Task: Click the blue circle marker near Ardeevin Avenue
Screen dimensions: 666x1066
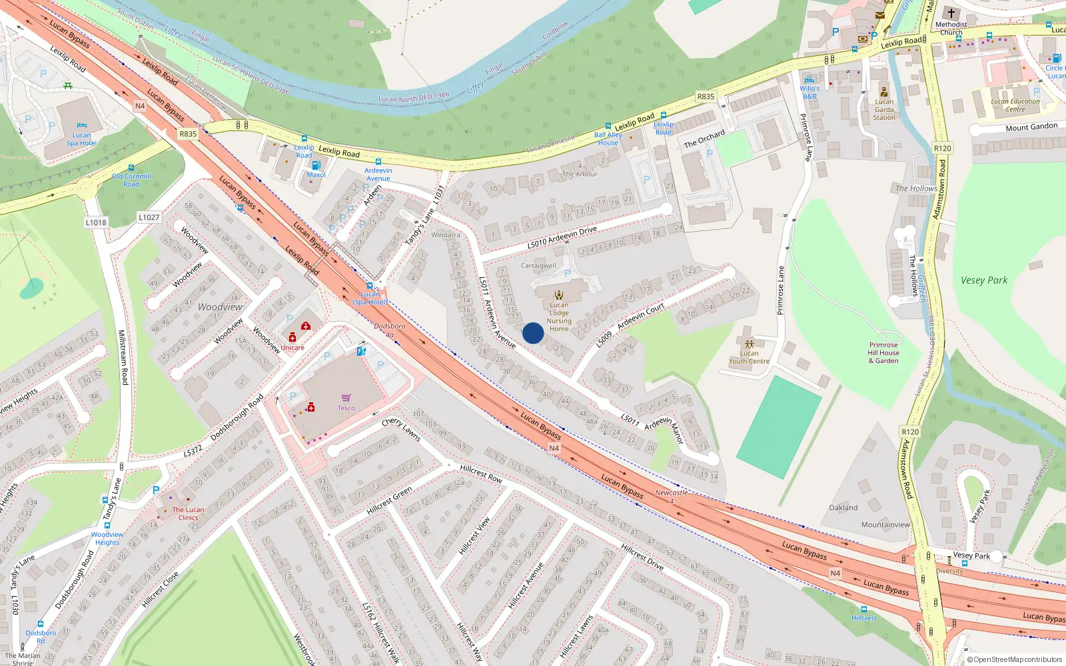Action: (532, 333)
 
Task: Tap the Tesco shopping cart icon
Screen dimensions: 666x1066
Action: (346, 398)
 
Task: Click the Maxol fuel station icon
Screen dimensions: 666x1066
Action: (316, 165)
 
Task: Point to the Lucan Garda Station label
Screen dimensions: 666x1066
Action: (884, 110)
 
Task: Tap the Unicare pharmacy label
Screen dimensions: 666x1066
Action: (292, 348)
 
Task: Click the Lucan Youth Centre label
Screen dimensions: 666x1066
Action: (749, 358)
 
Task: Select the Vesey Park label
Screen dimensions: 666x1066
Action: (983, 280)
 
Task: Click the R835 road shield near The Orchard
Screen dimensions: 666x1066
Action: (706, 97)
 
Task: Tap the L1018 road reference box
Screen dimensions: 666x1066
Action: (96, 222)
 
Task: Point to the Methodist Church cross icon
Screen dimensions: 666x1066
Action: (951, 13)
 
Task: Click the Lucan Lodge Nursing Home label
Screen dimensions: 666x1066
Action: (559, 317)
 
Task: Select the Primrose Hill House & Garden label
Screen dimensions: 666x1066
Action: (883, 353)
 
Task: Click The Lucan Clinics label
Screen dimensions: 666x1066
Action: (188, 513)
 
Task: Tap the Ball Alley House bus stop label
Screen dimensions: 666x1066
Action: (608, 139)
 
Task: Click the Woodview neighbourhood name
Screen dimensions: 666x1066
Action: (220, 307)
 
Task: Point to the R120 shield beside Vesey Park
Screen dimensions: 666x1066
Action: (942, 149)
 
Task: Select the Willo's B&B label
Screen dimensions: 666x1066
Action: (809, 93)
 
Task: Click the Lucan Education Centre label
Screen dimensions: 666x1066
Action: (1015, 105)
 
